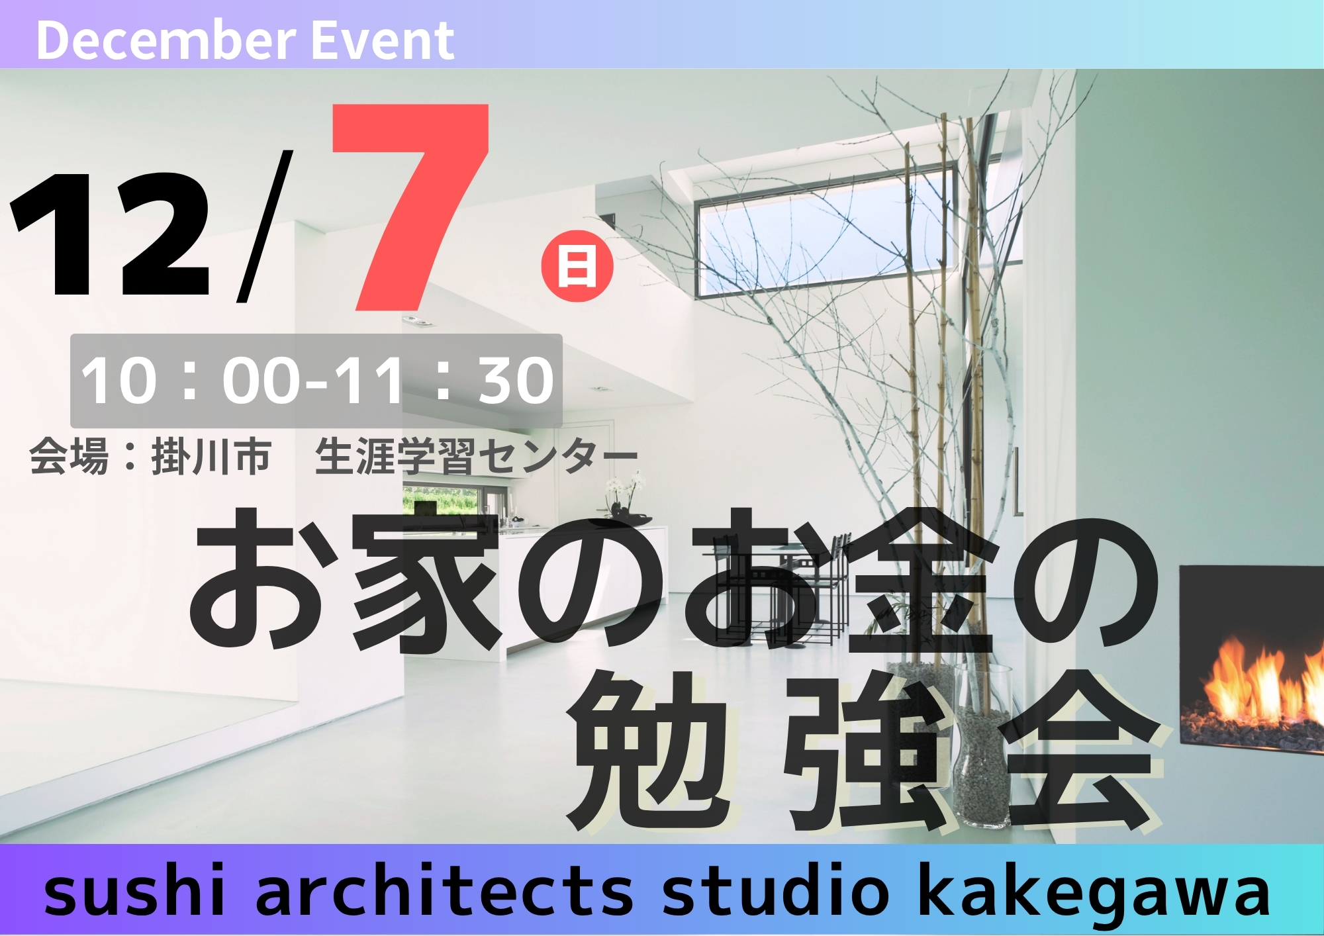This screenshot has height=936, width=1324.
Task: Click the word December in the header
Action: (164, 40)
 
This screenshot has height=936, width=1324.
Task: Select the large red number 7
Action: (410, 207)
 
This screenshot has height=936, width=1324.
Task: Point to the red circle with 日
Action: (577, 266)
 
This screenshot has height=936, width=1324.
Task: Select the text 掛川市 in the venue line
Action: (211, 457)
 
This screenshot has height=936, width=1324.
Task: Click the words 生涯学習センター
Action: (477, 457)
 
